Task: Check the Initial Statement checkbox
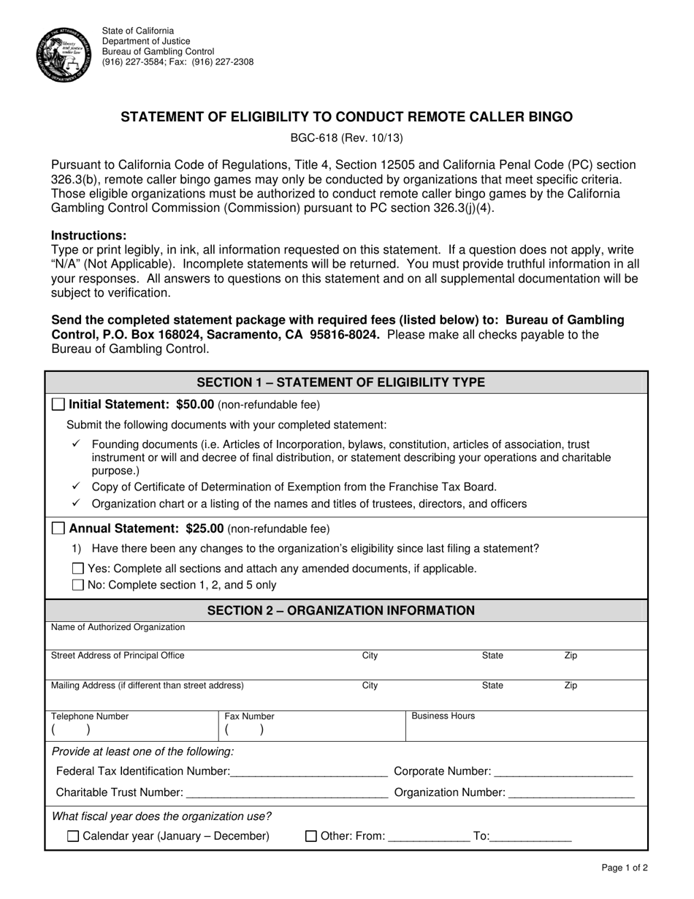pos(59,404)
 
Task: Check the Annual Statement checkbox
pos(59,528)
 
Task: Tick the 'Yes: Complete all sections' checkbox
pos(78,569)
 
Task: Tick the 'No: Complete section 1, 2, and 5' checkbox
pos(78,585)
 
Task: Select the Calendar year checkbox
pos(73,836)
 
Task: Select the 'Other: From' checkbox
pos(310,836)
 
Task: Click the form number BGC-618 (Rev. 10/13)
pos(347,137)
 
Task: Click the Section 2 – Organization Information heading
pos(341,610)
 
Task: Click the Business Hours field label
pos(443,716)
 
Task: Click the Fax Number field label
pos(249,717)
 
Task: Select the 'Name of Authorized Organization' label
pos(118,627)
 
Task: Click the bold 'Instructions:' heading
pos(88,235)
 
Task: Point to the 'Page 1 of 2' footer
pos(624,868)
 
